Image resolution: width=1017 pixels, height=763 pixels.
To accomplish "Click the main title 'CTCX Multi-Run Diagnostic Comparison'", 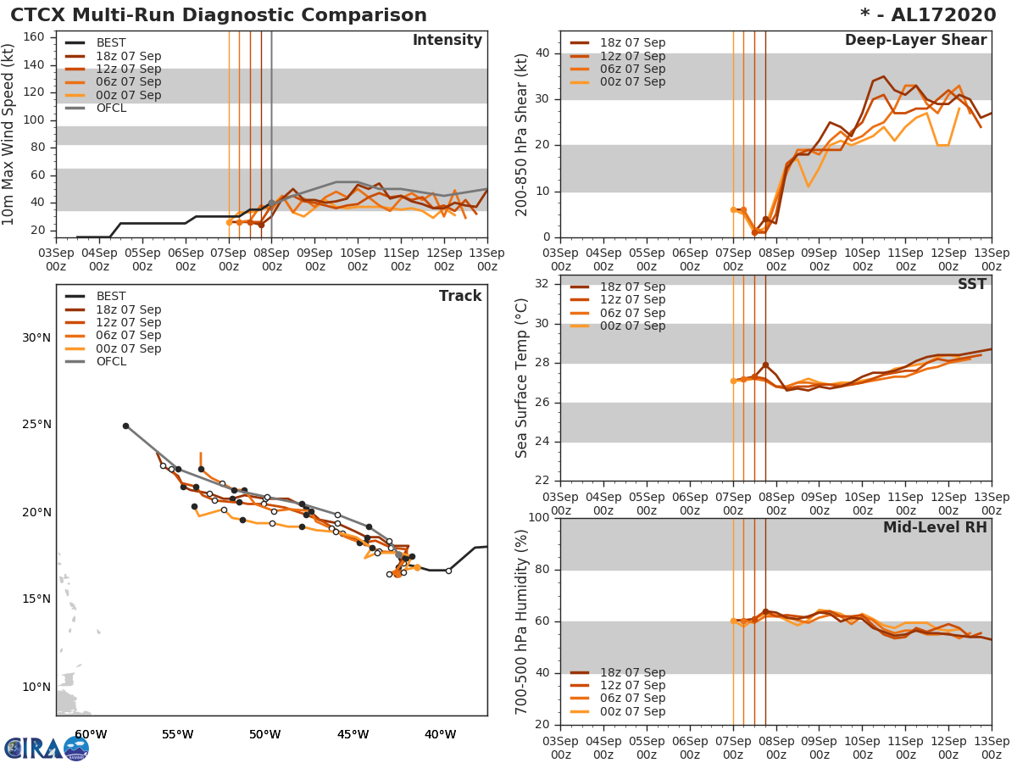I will click(219, 15).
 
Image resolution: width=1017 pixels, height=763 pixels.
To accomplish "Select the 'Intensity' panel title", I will click(447, 41).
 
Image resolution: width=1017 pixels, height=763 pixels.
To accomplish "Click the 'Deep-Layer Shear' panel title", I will click(915, 41).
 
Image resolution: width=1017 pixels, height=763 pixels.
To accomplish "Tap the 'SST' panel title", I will click(971, 285).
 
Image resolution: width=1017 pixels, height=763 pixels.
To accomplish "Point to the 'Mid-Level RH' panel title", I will click(935, 527).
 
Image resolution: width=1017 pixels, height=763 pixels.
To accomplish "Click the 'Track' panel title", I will click(460, 296).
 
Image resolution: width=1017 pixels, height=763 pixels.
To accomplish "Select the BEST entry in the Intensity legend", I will click(111, 42).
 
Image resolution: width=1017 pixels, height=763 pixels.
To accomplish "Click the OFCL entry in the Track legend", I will click(111, 361).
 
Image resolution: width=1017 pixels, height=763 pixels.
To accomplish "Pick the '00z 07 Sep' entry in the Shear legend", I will click(632, 82).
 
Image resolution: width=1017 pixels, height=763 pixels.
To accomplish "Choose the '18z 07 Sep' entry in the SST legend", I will click(632, 287).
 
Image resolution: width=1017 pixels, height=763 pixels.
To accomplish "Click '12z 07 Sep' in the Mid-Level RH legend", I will click(632, 686).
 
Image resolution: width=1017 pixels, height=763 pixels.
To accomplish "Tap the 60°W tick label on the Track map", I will click(91, 734).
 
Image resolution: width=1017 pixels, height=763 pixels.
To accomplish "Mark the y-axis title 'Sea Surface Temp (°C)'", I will click(523, 378).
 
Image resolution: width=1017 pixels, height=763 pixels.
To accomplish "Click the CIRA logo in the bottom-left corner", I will click(46, 748).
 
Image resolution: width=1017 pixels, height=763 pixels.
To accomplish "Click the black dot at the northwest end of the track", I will click(125, 426).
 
